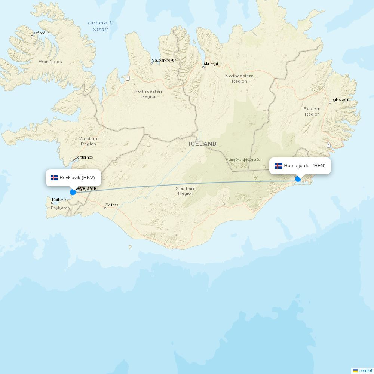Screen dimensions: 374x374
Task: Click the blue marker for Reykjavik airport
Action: click(73, 192)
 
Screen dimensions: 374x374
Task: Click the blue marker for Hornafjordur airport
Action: click(298, 179)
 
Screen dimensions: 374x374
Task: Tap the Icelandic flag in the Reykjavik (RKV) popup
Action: click(54, 178)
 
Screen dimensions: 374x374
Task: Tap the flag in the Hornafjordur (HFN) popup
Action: click(278, 166)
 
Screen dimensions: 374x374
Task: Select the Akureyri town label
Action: click(211, 64)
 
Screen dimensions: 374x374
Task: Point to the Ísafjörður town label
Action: click(40, 33)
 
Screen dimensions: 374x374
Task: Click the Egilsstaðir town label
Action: click(339, 100)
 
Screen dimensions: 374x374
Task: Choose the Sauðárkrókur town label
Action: click(163, 60)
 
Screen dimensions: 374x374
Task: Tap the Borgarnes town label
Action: click(83, 157)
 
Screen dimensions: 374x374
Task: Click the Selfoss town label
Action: click(112, 205)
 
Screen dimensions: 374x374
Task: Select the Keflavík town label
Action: click(59, 200)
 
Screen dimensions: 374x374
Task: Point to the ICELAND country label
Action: click(202, 144)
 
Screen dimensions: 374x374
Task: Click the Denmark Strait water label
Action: click(100, 26)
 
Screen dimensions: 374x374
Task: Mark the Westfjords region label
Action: click(50, 62)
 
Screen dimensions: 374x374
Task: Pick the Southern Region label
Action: click(186, 191)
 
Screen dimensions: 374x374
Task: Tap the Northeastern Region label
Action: click(239, 79)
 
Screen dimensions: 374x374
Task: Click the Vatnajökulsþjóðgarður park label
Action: click(243, 160)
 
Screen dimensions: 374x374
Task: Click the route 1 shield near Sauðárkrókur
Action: click(128, 78)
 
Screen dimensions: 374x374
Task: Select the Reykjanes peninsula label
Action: click(60, 208)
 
